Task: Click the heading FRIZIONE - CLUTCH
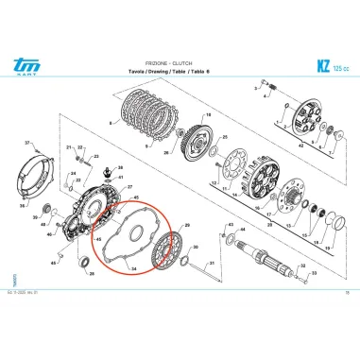pos(179,59)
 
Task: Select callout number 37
pos(28,143)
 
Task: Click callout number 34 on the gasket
pos(133,268)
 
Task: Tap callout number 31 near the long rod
pos(212,263)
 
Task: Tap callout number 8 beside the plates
pos(111,123)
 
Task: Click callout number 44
pos(246,230)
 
